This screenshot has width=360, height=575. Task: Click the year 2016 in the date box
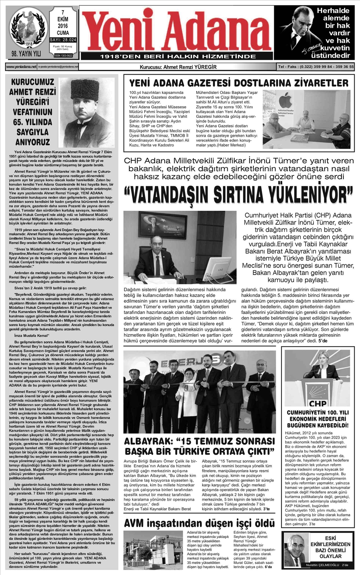click(63, 26)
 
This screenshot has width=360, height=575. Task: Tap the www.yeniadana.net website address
click(21, 67)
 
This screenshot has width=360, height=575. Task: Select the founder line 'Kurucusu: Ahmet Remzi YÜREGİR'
click(178, 67)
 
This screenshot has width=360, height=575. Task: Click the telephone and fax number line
click(316, 67)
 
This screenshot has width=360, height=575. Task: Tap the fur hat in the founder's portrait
click(85, 89)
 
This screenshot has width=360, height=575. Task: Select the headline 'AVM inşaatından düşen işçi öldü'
click(199, 523)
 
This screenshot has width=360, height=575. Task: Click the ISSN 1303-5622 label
click(63, 56)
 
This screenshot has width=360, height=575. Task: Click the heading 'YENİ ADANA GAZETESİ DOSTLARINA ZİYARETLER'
click(239, 83)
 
